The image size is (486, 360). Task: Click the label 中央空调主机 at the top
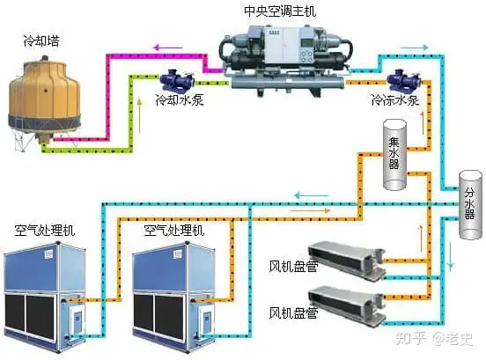tap(280, 11)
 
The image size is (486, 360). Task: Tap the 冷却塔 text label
tap(41, 40)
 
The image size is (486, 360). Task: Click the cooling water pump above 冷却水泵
tap(177, 80)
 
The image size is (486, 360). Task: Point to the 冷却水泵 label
tap(180, 99)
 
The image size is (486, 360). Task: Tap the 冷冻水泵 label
tap(395, 100)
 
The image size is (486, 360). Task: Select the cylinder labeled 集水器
tap(394, 154)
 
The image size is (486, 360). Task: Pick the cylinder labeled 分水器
tap(470, 204)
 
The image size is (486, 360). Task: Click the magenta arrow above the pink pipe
tap(167, 48)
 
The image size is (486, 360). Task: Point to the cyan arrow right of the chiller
tap(414, 48)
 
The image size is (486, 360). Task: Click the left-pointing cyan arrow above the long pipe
tap(311, 195)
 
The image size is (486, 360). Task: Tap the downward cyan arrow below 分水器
tap(451, 255)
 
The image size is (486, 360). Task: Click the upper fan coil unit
tap(347, 261)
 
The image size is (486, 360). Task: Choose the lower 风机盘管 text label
tap(293, 313)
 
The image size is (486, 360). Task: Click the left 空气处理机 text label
tap(45, 231)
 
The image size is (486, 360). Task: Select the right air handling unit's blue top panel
tap(173, 267)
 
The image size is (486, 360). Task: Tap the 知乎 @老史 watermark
tap(434, 339)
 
